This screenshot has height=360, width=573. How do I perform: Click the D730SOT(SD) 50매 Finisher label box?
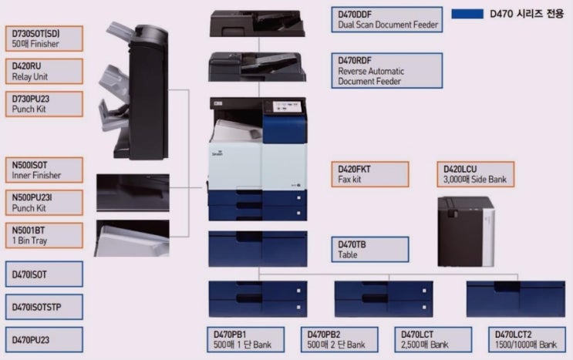(44, 39)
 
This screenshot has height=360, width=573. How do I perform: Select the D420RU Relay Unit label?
(44, 71)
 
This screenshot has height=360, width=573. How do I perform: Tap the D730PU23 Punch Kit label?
(44, 104)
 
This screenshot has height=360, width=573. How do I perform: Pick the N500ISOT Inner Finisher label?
(44, 170)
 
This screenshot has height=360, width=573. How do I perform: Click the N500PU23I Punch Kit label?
(44, 203)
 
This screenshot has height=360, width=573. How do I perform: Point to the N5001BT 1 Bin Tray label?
(44, 235)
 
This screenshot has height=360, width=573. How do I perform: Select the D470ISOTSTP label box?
(44, 307)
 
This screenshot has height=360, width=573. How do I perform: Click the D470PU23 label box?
(44, 339)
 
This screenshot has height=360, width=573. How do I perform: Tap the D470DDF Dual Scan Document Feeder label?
(387, 20)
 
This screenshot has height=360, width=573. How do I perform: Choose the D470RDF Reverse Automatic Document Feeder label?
(387, 70)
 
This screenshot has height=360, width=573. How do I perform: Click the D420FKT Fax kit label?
(370, 174)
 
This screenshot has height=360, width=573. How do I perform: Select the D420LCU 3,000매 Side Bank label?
(476, 174)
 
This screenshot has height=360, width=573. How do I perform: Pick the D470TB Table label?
(370, 249)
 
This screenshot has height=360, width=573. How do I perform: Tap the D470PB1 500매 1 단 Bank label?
(245, 339)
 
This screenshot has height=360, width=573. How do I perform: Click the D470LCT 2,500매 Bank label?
(433, 339)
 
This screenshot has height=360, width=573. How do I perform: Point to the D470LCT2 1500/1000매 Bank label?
(527, 339)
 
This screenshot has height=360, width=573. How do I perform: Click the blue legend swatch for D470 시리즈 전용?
(467, 14)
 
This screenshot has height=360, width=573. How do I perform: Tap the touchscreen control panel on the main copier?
(287, 106)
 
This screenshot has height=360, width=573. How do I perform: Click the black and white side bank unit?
(466, 231)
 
